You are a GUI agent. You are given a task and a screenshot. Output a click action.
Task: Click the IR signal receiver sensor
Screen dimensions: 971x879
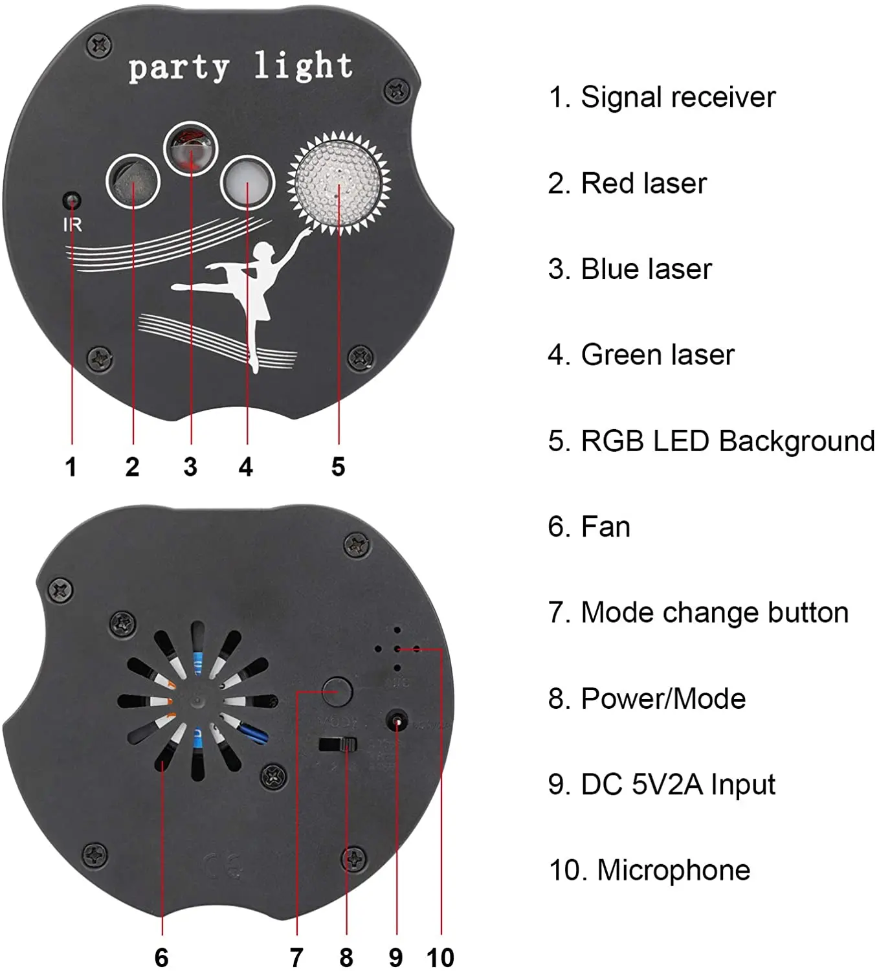point(72,201)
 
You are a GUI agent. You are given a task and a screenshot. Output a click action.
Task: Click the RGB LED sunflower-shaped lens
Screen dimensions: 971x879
point(339,182)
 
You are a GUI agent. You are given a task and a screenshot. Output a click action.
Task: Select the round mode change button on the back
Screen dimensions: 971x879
point(337,692)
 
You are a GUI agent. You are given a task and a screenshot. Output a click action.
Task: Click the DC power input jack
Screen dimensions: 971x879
point(396,720)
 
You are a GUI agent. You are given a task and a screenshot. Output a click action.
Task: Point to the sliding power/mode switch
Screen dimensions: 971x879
point(339,744)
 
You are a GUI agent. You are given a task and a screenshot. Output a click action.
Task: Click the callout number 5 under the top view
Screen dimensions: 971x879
point(338,466)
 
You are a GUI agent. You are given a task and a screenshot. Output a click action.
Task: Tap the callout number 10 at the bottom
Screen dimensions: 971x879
point(440,957)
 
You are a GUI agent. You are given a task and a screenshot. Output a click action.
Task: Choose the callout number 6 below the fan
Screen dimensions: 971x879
point(161,957)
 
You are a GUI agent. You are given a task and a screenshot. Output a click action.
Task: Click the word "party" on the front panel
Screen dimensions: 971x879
point(179,68)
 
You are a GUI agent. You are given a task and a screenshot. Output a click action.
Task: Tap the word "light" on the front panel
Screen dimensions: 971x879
point(303,65)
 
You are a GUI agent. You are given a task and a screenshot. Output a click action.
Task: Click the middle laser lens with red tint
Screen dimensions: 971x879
point(191,151)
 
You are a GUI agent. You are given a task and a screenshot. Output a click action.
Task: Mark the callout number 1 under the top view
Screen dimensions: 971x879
point(71,466)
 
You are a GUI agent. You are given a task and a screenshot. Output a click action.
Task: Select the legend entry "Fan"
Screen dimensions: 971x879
point(605,527)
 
